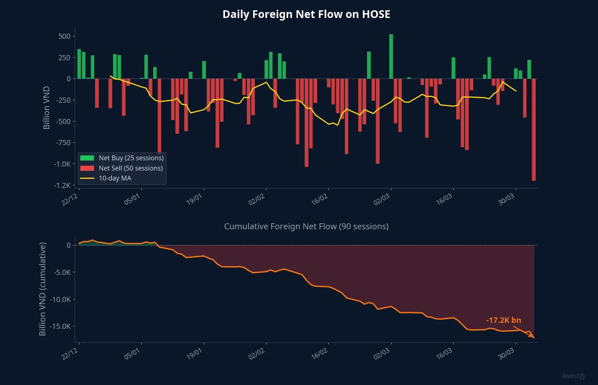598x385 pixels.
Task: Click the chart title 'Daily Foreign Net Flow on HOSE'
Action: [306, 14]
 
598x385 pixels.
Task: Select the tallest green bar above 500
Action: [391, 56]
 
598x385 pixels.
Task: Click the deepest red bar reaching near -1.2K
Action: [534, 130]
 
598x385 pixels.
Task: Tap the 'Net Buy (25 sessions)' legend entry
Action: [131, 158]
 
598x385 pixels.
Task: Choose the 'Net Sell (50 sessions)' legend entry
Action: [130, 168]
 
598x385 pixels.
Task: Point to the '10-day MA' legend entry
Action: [115, 178]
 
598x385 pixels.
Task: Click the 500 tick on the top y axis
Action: [64, 36]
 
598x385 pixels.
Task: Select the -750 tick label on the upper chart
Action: [63, 143]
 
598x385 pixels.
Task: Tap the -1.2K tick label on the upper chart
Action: [62, 185]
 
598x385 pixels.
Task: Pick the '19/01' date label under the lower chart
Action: [194, 354]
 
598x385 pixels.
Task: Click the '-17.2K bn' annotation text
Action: [503, 320]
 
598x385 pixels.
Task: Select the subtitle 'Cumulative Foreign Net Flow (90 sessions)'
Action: [306, 226]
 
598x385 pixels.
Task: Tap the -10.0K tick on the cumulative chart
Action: [60, 299]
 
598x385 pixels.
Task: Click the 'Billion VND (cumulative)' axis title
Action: [42, 289]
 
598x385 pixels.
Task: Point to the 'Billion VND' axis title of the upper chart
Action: [46, 108]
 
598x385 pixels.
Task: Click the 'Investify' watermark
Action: [574, 376]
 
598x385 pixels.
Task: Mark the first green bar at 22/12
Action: [79, 64]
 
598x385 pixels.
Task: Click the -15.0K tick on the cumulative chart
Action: [60, 326]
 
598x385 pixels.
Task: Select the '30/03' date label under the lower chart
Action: [506, 354]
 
